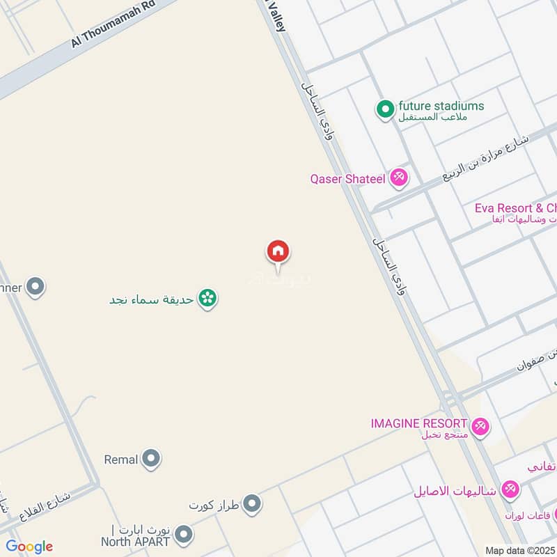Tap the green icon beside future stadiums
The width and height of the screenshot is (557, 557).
[384, 109]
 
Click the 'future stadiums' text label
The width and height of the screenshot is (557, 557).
[440, 107]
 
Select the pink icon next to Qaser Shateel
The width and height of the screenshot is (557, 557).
[399, 178]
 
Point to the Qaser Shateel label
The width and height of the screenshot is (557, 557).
[347, 179]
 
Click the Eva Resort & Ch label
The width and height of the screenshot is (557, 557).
[515, 208]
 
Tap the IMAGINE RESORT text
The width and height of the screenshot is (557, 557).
[418, 423]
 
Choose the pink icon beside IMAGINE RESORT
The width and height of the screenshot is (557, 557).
[480, 425]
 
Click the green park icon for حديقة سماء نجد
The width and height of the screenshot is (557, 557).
[207, 299]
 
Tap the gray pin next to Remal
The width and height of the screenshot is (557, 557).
[151, 459]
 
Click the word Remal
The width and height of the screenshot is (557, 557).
[120, 460]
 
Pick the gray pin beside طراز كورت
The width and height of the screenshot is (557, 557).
[252, 503]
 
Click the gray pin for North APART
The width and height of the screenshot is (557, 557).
[183, 535]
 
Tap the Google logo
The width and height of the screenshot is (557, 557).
[29, 547]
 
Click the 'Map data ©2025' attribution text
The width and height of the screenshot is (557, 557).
[520, 550]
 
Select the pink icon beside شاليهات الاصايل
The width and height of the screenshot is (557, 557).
[510, 489]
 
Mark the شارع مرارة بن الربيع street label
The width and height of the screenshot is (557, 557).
[486, 159]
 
